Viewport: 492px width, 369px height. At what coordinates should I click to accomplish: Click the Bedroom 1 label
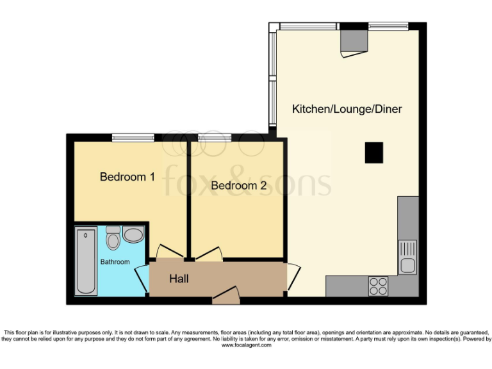(x=127, y=177)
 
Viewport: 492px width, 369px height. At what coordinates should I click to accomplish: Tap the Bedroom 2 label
(x=238, y=186)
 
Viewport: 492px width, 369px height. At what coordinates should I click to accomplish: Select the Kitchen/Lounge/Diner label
(x=347, y=109)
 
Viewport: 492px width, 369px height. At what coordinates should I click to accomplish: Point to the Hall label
(x=179, y=279)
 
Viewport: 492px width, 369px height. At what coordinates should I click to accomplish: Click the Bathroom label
(x=115, y=261)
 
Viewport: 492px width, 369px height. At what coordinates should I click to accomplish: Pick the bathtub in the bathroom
(x=86, y=261)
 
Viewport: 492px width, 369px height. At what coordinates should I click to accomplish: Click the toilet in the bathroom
(x=113, y=238)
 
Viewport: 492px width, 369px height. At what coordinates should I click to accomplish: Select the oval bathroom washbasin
(x=133, y=235)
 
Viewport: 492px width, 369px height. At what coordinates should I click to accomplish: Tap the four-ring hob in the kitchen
(x=378, y=286)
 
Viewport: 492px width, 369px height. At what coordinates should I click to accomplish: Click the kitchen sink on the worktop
(x=407, y=256)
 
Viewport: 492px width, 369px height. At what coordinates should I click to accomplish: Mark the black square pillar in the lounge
(x=374, y=152)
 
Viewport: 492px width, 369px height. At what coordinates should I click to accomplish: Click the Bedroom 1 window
(x=133, y=137)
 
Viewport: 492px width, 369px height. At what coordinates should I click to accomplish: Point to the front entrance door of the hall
(x=225, y=295)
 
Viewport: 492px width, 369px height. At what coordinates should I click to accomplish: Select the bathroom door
(x=142, y=277)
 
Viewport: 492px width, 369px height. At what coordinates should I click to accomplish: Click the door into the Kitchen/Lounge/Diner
(x=292, y=277)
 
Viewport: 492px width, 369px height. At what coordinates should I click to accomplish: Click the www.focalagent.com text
(x=247, y=345)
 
